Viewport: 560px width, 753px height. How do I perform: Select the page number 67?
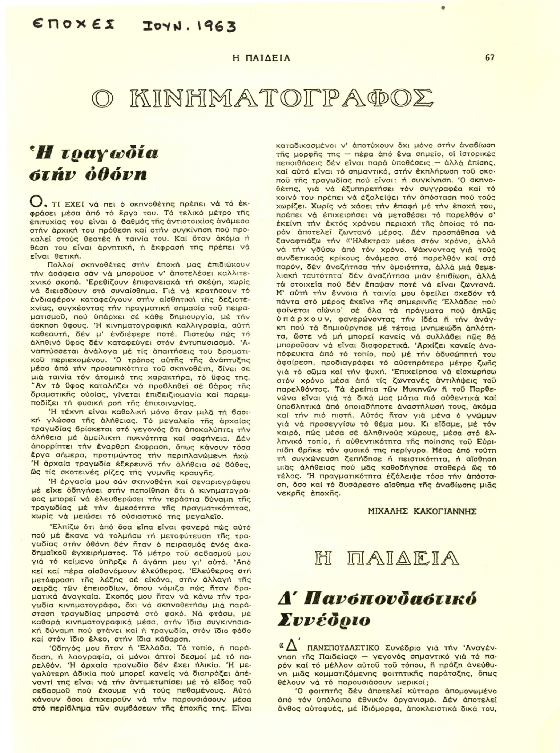click(489, 58)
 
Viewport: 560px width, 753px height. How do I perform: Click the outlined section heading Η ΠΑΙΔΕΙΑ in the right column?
click(386, 558)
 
